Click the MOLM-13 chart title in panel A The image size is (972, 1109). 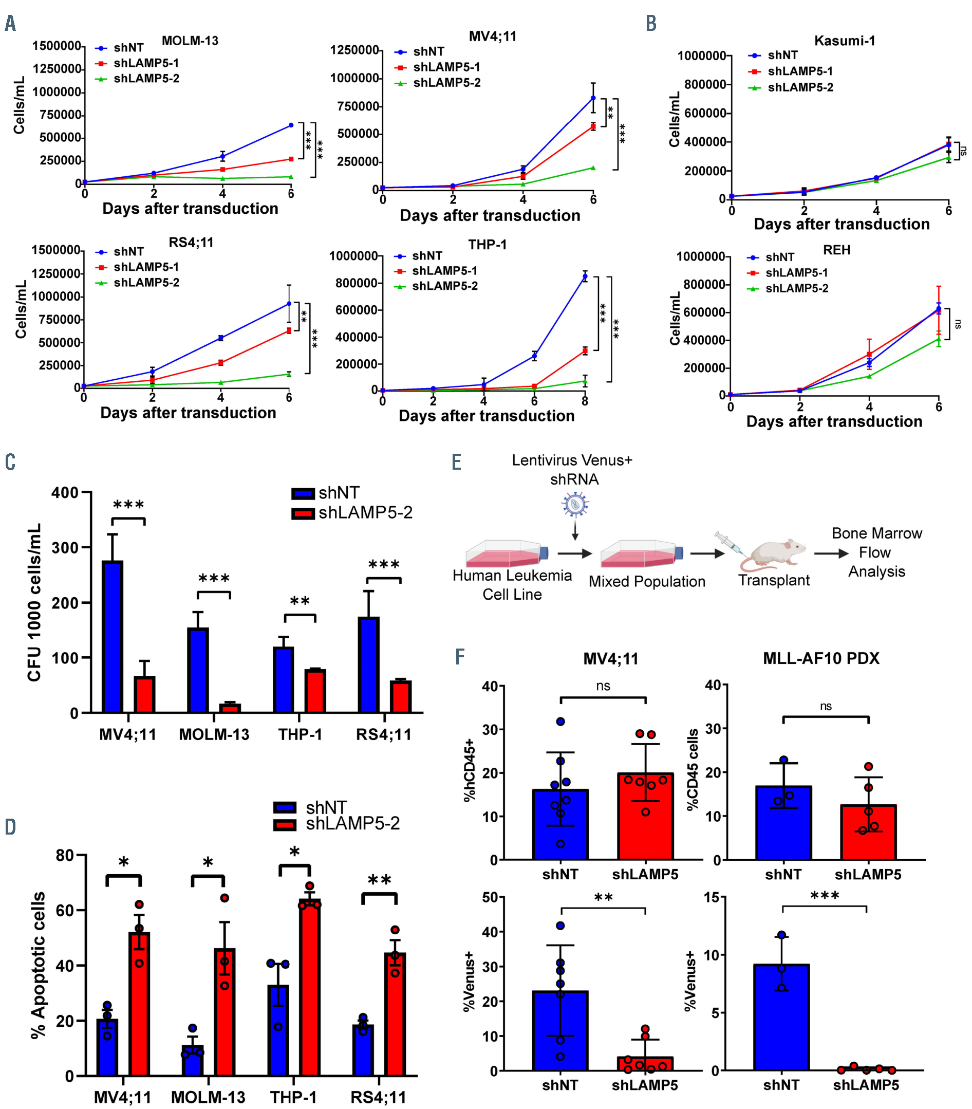pyautogui.click(x=190, y=41)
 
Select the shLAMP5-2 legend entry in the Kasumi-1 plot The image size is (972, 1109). pyautogui.click(x=800, y=87)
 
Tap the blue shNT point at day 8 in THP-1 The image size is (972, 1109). pyautogui.click(x=585, y=276)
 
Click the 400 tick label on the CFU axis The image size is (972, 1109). pyautogui.click(x=65, y=493)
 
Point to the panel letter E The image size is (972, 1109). pyautogui.click(x=457, y=463)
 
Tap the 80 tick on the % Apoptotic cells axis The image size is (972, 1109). pyautogui.click(x=65, y=856)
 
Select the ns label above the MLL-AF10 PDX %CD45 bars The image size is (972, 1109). pyautogui.click(x=826, y=706)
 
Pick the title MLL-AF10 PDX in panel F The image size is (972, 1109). pyautogui.click(x=821, y=658)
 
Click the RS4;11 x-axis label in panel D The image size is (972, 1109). pyautogui.click(x=378, y=1097)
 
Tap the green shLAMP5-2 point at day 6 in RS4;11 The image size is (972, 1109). pyautogui.click(x=289, y=374)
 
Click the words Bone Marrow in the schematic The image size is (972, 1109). pyautogui.click(x=876, y=533)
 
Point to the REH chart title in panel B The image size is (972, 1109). pyautogui.click(x=836, y=250)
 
